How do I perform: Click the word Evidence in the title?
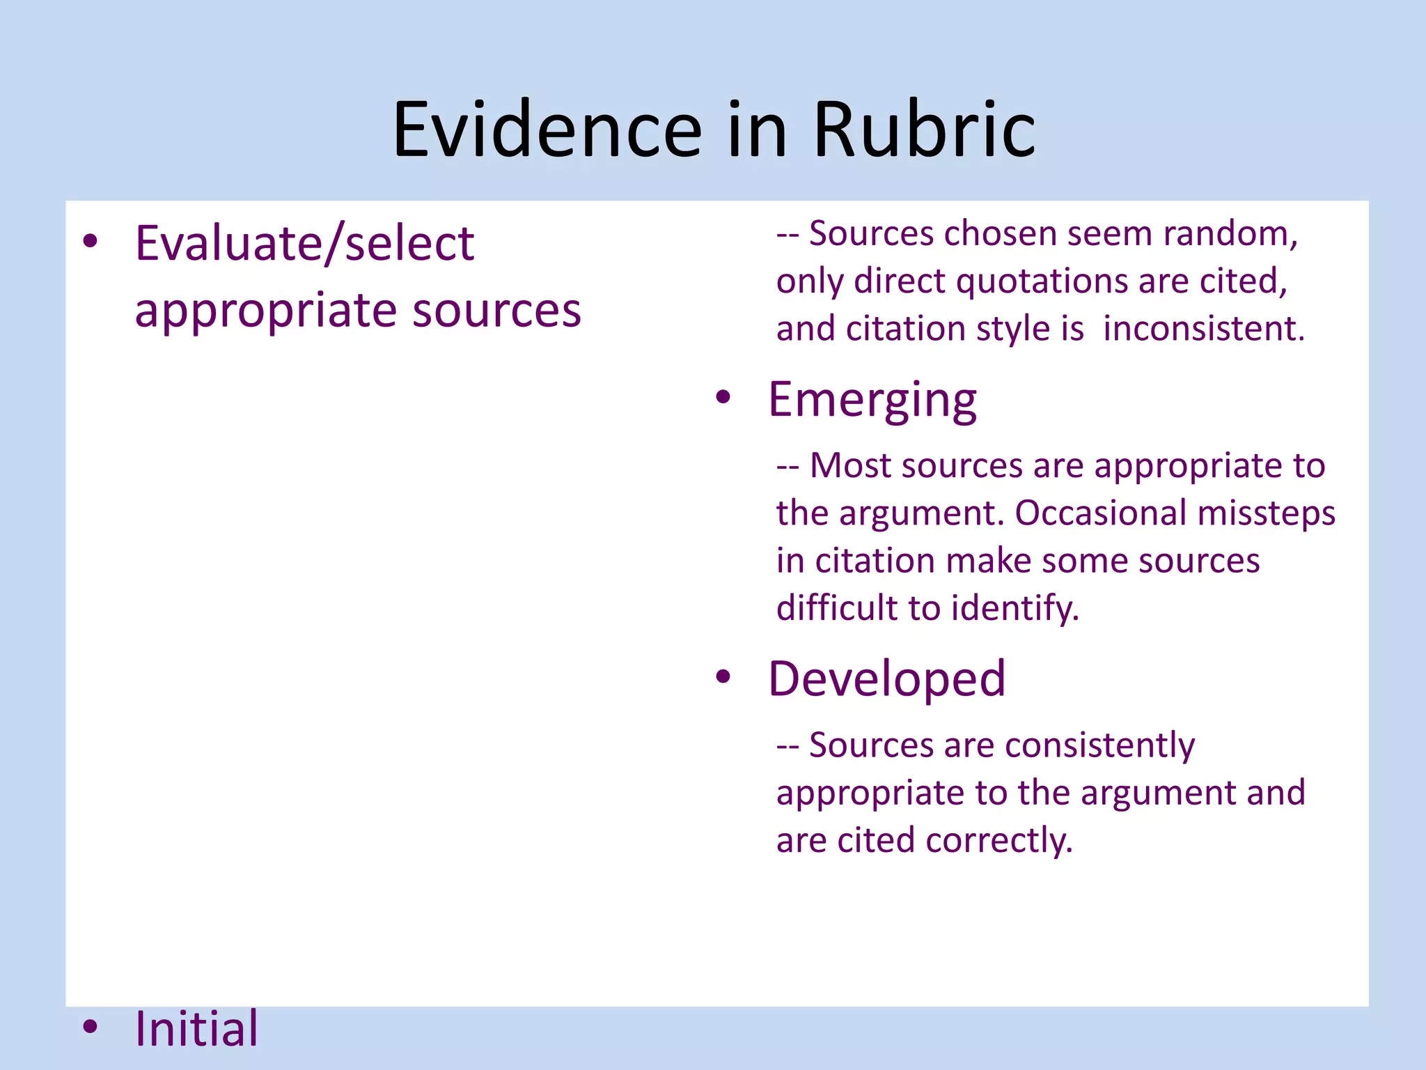(547, 130)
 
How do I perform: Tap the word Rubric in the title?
(924, 130)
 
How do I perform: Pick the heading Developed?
(886, 679)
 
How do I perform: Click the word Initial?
(196, 1029)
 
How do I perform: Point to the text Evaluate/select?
(304, 244)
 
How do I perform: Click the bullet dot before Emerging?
(723, 397)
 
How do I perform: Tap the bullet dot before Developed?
(723, 676)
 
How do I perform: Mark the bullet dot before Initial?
(90, 1026)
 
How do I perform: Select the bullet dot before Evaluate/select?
(90, 241)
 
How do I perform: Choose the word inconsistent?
(1203, 329)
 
